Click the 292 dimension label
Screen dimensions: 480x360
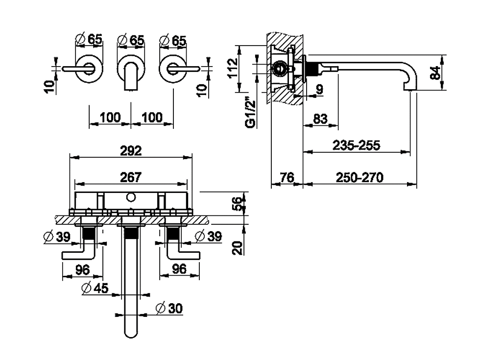pyautogui.click(x=131, y=151)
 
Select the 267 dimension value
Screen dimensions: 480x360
pyautogui.click(x=131, y=177)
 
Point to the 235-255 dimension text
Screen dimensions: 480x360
pyautogui.click(x=357, y=145)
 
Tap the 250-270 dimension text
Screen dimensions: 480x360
pyautogui.click(x=360, y=177)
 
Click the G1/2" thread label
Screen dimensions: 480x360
pyautogui.click(x=250, y=112)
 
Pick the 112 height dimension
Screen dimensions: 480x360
pyautogui.click(x=233, y=68)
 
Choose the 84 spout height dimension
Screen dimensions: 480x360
pyautogui.click(x=435, y=72)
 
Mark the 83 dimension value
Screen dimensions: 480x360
pyautogui.click(x=320, y=119)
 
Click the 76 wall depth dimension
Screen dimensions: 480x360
pyautogui.click(x=287, y=177)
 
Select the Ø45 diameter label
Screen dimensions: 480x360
pyautogui.click(x=95, y=288)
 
